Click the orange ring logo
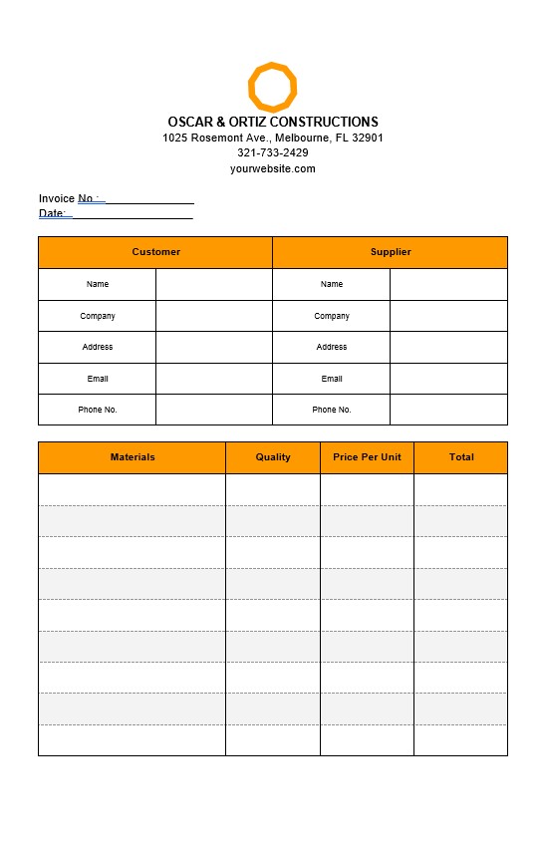(272, 87)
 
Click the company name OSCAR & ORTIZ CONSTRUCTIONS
(273, 122)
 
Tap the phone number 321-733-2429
(273, 152)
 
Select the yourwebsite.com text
(273, 168)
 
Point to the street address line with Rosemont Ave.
(273, 138)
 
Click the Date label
(52, 213)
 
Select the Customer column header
(155, 252)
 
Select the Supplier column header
(391, 252)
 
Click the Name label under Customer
(98, 284)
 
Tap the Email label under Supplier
(332, 379)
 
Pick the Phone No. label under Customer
(98, 410)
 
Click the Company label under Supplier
(332, 316)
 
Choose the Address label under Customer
(98, 347)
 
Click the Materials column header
(133, 457)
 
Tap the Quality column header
(273, 457)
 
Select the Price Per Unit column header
(367, 457)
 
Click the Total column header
(461, 457)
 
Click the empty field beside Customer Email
(214, 379)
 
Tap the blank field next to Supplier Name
(448, 284)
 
